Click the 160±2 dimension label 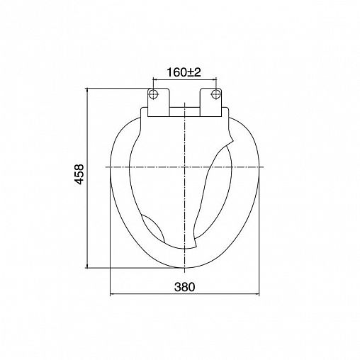(x=184, y=72)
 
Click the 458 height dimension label (x=79, y=174)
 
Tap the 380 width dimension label (x=185, y=287)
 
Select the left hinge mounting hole (x=153, y=94)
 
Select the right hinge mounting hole (x=215, y=94)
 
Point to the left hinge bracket (x=159, y=102)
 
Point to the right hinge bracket (x=210, y=102)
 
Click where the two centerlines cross (x=184, y=167)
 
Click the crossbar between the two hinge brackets (x=185, y=112)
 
